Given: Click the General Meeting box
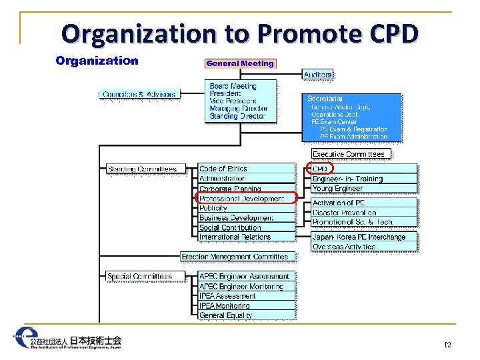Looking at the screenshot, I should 240,63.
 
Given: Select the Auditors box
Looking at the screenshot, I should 318,75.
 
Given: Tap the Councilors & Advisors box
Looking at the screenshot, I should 139,94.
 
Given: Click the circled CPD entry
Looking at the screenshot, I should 321,169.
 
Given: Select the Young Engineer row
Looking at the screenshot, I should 337,189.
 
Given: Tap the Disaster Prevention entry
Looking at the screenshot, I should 344,213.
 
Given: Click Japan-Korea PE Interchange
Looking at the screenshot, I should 359,237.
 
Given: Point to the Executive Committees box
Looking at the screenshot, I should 349,154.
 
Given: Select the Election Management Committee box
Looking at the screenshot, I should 235,257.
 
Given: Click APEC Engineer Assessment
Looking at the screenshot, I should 245,276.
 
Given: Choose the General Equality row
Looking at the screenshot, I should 226,315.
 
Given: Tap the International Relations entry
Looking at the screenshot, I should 235,237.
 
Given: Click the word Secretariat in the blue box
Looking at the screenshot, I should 325,99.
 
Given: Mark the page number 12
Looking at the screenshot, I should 448,345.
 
